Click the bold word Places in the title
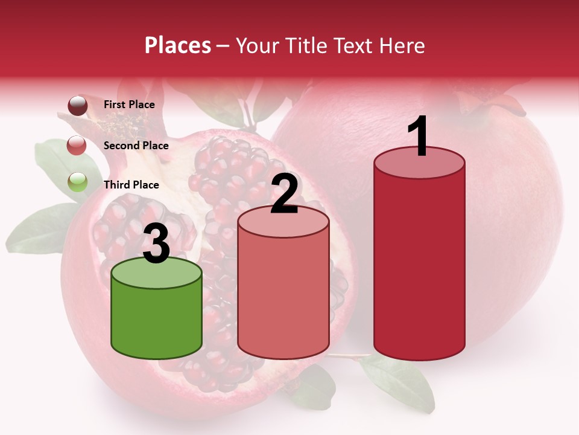178,45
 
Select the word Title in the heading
303,45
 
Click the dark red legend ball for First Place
78,106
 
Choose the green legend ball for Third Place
78,182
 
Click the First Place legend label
129,105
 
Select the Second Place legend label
136,146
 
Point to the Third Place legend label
131,185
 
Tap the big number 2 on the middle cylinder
284,194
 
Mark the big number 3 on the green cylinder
156,244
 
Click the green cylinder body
156,320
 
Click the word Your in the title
259,45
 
